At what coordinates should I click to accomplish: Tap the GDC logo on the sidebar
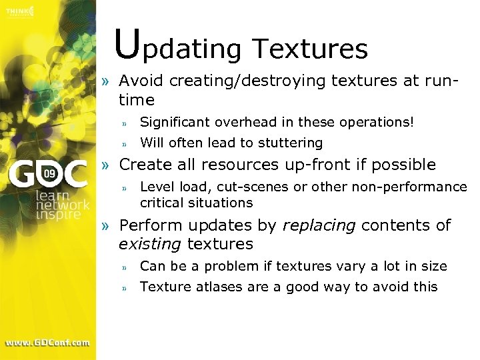pos(47,175)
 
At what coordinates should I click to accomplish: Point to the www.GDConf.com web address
pos(47,343)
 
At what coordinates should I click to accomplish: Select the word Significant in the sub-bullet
pos(172,122)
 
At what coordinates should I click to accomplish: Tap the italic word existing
pos(149,245)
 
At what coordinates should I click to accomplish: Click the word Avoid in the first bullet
pos(141,81)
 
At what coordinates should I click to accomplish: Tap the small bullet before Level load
pos(124,187)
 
